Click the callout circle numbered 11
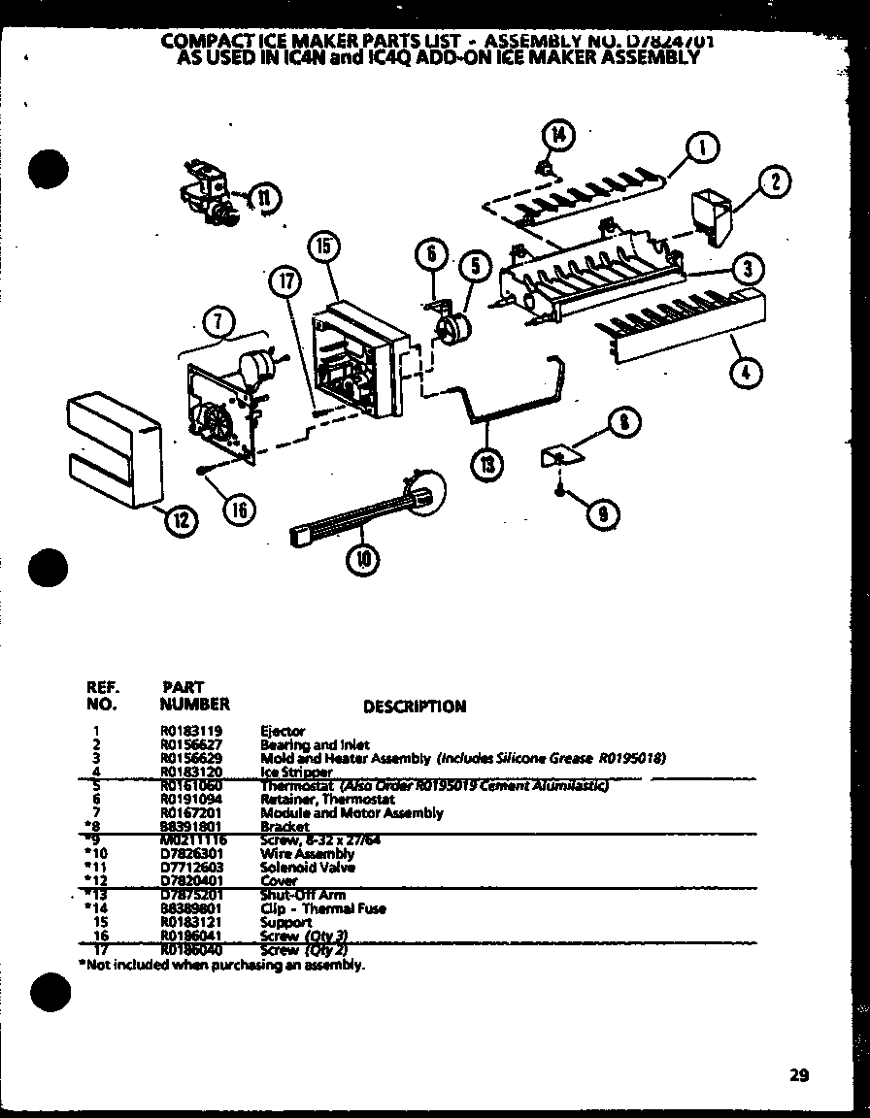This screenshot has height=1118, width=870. click(x=263, y=198)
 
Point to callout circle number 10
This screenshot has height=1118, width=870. click(x=366, y=559)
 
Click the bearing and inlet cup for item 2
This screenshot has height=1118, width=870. click(x=712, y=215)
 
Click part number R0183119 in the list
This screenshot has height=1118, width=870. click(x=191, y=731)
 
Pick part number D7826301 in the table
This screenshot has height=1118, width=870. click(x=191, y=854)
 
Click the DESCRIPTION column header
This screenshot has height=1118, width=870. click(x=414, y=707)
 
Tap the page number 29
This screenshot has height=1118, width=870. click(x=798, y=1074)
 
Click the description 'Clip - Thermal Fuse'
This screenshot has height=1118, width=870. click(x=322, y=908)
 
